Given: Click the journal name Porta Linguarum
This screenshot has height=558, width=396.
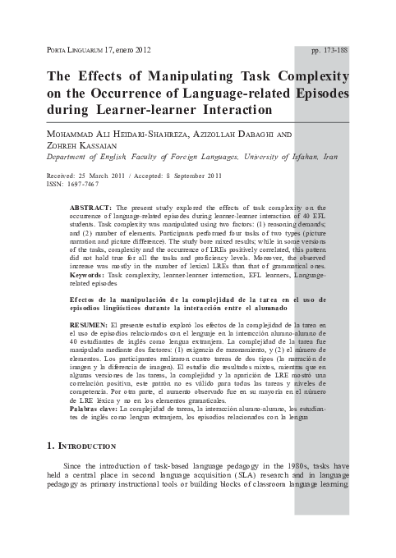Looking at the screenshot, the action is pyautogui.click(x=71, y=50).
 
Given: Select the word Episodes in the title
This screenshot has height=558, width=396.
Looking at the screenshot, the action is pyautogui.click(x=314, y=94).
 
